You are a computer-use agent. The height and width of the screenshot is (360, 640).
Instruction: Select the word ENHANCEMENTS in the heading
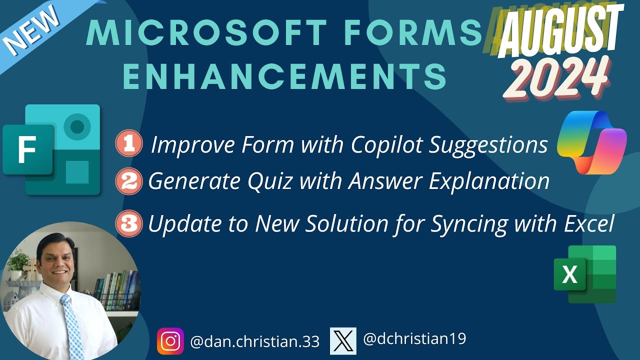coord(284,76)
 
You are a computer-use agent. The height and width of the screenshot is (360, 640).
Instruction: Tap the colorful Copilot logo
coord(591,142)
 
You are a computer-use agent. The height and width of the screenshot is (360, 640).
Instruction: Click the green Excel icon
coord(584,274)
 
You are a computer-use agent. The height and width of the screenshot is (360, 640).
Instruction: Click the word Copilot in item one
coord(384,145)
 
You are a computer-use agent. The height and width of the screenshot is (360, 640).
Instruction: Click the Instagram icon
coord(170,341)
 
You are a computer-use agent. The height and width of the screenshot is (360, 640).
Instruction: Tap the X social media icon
coord(343,340)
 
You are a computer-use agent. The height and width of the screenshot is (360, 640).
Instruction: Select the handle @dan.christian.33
coord(254,341)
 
